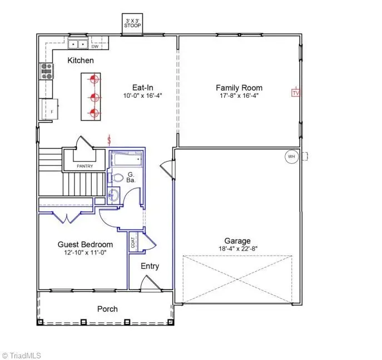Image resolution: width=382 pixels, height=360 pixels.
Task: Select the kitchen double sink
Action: tap(77, 43)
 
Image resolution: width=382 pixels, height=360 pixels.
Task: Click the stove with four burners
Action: tap(46, 71)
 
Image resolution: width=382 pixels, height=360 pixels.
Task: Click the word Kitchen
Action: tap(81, 60)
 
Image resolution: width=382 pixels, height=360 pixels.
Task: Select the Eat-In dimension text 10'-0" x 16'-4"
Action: tap(142, 96)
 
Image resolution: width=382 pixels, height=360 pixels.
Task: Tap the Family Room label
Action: tap(239, 88)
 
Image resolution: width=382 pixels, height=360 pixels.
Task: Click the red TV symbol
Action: tap(296, 93)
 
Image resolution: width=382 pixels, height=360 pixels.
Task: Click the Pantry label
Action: tap(85, 166)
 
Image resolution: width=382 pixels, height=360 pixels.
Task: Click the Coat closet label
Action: tap(133, 243)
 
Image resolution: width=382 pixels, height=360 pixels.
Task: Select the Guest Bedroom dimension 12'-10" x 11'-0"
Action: tap(86, 253)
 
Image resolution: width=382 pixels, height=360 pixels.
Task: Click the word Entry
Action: tap(150, 266)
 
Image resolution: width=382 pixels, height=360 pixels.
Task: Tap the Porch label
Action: tap(107, 309)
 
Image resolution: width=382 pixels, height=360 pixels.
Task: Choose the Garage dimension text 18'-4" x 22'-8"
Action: tap(237, 249)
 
